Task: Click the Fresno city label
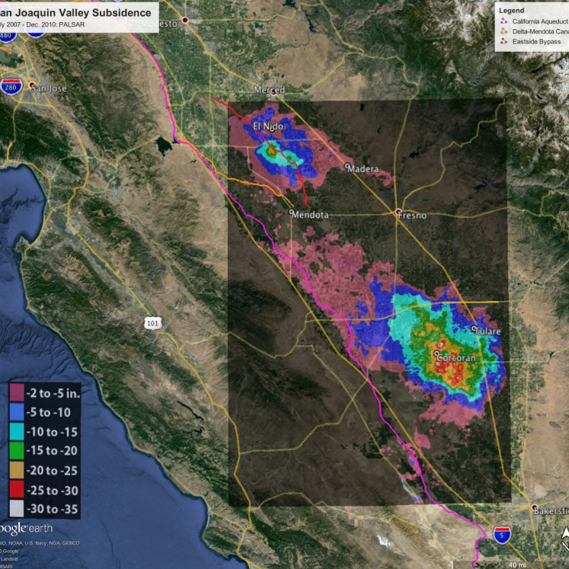[x=411, y=216]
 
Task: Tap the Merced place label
[x=269, y=91]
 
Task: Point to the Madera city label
[x=363, y=169]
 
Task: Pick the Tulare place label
[x=487, y=331]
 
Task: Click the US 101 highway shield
[x=152, y=324]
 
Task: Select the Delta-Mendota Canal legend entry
[x=539, y=31]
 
